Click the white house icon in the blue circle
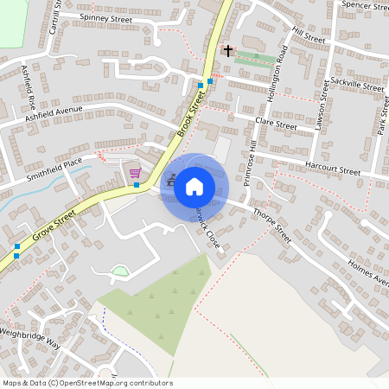[194, 186]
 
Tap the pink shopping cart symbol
[135, 173]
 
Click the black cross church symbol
[228, 51]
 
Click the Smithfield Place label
[53, 163]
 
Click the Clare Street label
[276, 126]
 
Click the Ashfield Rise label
[29, 84]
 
